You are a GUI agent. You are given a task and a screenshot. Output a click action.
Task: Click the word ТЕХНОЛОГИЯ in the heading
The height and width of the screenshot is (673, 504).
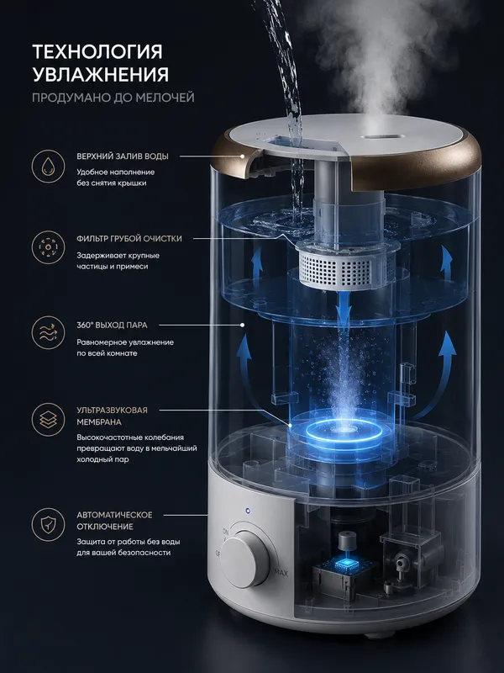click(x=97, y=52)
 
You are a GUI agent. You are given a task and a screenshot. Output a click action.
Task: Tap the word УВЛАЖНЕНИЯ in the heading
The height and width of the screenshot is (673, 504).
click(x=101, y=74)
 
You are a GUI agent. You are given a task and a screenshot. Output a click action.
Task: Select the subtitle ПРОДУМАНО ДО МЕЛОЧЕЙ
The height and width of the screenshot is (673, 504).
click(x=113, y=98)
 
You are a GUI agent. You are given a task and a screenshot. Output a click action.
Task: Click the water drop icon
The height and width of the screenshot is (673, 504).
click(x=48, y=167)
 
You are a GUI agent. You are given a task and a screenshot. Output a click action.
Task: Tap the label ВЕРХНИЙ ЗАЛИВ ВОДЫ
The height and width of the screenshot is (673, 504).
click(x=123, y=156)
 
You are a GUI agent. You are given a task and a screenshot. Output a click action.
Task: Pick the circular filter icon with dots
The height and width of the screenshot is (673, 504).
click(x=48, y=247)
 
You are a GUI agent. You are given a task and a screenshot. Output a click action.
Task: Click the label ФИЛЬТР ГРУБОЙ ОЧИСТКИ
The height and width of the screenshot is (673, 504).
click(x=129, y=239)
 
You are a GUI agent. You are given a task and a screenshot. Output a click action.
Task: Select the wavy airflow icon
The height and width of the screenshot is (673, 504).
click(x=48, y=332)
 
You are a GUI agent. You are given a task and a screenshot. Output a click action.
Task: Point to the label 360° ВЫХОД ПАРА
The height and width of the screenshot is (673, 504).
click(x=112, y=325)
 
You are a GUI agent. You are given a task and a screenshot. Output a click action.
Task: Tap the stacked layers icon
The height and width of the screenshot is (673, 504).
click(x=48, y=419)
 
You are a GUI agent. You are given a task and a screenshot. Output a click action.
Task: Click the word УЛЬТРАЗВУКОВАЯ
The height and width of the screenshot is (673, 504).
click(x=112, y=411)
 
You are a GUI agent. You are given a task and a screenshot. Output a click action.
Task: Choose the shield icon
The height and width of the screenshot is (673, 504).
click(x=48, y=524)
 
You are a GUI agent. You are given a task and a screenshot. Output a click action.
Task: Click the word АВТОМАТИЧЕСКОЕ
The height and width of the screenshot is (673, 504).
click(x=114, y=515)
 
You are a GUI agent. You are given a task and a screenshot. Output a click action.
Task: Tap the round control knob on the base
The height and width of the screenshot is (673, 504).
click(x=245, y=559)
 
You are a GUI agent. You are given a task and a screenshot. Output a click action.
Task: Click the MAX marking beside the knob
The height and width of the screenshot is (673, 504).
click(x=281, y=573)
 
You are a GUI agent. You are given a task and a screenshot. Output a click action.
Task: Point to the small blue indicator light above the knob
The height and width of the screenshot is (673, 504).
click(x=247, y=511)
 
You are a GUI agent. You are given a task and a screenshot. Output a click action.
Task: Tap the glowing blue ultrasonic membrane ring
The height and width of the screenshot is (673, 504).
click(x=342, y=430)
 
